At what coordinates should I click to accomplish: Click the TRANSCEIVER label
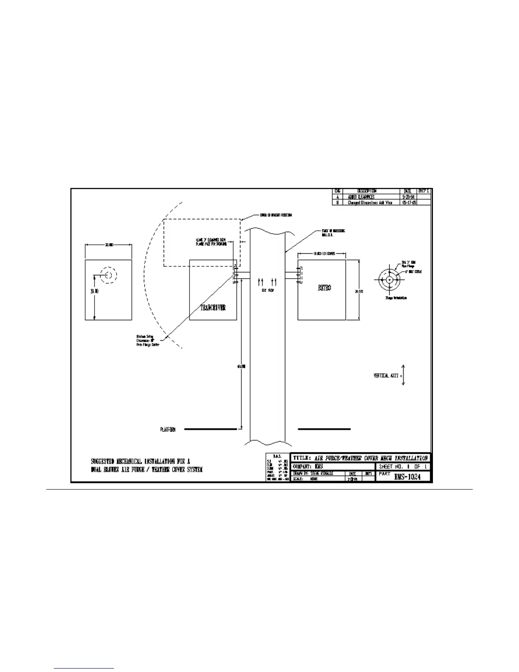pyautogui.click(x=213, y=308)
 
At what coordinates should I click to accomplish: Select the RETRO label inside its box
pyautogui.click(x=324, y=288)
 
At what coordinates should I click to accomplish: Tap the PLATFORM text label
pyautogui.click(x=167, y=430)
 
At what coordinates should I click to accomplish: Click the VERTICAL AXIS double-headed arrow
pyautogui.click(x=403, y=375)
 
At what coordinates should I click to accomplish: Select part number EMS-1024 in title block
pyautogui.click(x=407, y=476)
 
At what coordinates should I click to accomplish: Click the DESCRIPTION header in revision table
pyautogui.click(x=367, y=191)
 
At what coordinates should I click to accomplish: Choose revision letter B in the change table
pyautogui.click(x=338, y=202)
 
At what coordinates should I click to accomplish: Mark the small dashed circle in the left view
pyautogui.click(x=109, y=275)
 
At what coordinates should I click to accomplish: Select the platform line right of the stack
pyautogui.click(x=324, y=429)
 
